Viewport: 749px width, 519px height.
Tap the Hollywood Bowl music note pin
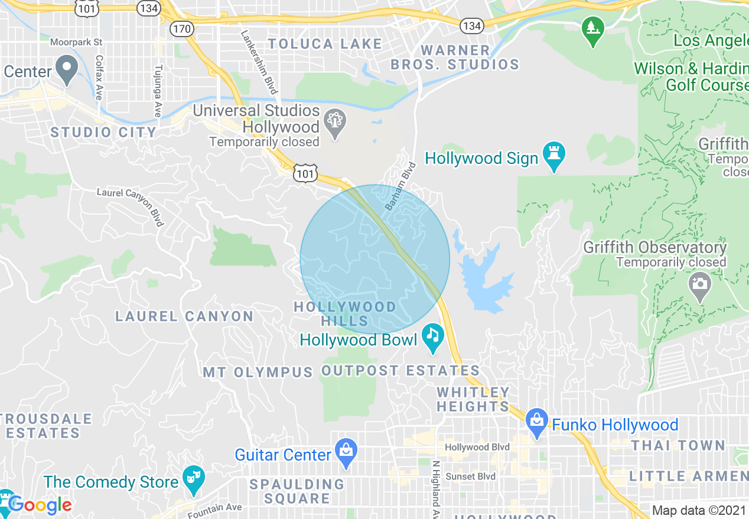pyautogui.click(x=433, y=337)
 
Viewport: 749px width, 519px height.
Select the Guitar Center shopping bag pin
pyautogui.click(x=345, y=452)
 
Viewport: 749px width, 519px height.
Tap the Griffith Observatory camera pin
pyautogui.click(x=699, y=285)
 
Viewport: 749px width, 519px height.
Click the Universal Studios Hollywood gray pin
pyautogui.click(x=335, y=123)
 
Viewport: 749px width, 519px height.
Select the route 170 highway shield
pyautogui.click(x=180, y=28)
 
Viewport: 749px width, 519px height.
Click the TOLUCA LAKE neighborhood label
pyautogui.click(x=325, y=44)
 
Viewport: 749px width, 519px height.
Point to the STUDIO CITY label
pyautogui.click(x=103, y=132)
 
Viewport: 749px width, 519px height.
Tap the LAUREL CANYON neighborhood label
pyautogui.click(x=184, y=317)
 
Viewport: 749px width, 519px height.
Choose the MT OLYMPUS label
pyautogui.click(x=258, y=373)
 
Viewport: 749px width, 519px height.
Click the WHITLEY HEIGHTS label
pyautogui.click(x=473, y=399)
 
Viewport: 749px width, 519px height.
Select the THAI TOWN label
pyautogui.click(x=678, y=445)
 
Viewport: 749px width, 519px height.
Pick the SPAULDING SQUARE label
pyautogui.click(x=297, y=491)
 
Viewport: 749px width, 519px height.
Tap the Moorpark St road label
pyautogui.click(x=76, y=42)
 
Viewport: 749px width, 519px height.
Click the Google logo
pyautogui.click(x=40, y=505)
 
